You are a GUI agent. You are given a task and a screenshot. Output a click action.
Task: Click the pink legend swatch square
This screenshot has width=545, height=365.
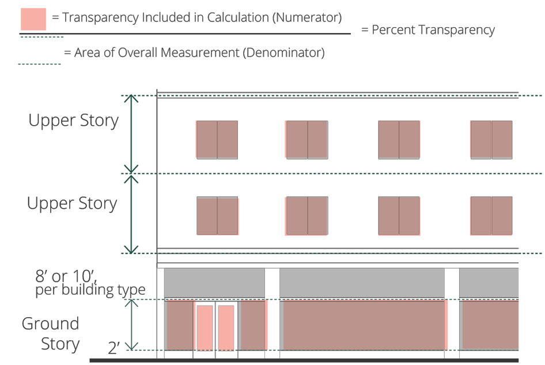click(33, 19)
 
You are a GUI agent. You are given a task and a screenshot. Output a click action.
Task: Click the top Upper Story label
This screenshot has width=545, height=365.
click(73, 121)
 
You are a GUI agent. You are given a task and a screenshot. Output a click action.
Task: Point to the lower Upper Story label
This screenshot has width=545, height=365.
click(72, 204)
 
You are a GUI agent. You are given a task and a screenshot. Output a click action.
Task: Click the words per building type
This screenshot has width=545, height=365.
click(90, 289)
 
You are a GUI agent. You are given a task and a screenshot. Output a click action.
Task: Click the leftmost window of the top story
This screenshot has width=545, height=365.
click(217, 140)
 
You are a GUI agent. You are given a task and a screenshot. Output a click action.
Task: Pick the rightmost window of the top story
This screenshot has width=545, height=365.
click(491, 140)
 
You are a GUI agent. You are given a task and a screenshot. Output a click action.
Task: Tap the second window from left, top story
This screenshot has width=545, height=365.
click(307, 140)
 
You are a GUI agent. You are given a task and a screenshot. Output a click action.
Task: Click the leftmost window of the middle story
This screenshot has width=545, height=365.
click(217, 216)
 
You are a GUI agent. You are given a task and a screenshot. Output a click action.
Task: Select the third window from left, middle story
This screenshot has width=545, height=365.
click(399, 216)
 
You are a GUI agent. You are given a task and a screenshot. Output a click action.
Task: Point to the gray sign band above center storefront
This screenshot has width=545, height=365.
click(362, 283)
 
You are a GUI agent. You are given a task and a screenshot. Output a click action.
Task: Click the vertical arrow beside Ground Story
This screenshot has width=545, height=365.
click(133, 325)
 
